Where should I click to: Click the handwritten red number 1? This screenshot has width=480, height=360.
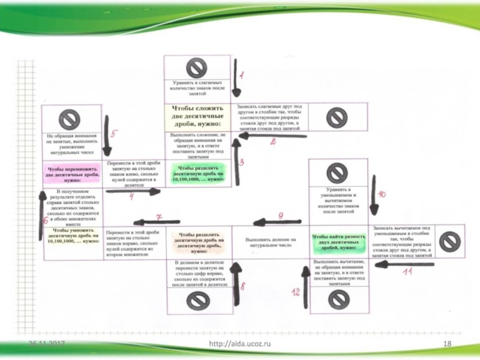pyautogui.click(x=241, y=75)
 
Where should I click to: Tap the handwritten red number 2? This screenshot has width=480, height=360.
pyautogui.click(x=273, y=142)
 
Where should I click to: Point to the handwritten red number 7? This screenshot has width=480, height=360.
pyautogui.click(x=159, y=217)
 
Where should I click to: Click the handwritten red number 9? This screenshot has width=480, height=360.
pyautogui.click(x=280, y=215)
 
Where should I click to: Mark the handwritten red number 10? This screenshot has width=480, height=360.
pyautogui.click(x=382, y=194)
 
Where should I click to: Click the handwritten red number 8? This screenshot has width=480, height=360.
pyautogui.click(x=242, y=287)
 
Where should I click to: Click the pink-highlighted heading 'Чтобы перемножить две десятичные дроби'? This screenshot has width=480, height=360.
pyautogui.click(x=72, y=174)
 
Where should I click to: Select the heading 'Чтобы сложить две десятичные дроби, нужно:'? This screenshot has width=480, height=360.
pyautogui.click(x=196, y=116)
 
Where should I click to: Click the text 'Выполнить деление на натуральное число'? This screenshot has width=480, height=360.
pyautogui.click(x=270, y=242)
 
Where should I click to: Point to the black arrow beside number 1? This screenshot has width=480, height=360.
pyautogui.click(x=235, y=78)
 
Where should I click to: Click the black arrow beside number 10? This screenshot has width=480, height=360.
pyautogui.click(x=373, y=195)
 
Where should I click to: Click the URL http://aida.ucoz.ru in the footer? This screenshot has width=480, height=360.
pyautogui.click(x=240, y=343)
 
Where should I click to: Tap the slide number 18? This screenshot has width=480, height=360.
pyautogui.click(x=446, y=343)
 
